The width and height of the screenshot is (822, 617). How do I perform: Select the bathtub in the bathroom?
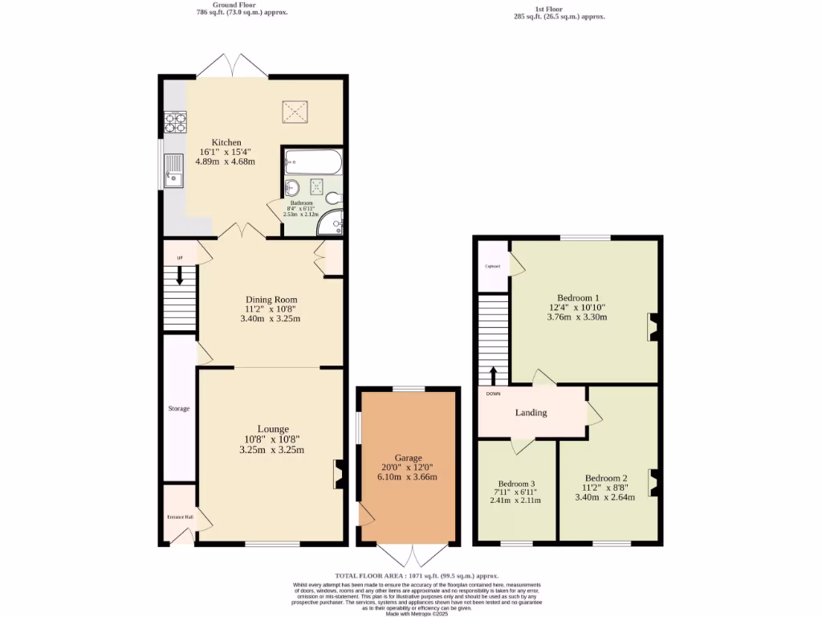tap(314, 162)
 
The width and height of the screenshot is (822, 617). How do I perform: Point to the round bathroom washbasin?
tap(292, 187)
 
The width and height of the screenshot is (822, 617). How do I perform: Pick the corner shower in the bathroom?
tap(331, 225)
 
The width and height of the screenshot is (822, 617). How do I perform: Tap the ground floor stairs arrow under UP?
tap(179, 275)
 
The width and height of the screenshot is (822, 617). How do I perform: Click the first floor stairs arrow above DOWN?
tap(493, 374)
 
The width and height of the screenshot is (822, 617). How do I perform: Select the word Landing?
tap(531, 413)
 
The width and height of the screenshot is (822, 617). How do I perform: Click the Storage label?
tap(179, 409)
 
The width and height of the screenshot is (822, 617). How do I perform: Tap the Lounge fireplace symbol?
tap(338, 474)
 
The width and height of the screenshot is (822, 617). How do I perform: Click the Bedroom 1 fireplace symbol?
tap(653, 327)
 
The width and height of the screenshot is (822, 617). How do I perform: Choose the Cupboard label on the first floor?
tap(492, 266)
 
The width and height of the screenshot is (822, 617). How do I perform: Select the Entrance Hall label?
tap(180, 517)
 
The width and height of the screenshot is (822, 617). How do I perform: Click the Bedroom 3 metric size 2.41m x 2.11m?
tap(515, 501)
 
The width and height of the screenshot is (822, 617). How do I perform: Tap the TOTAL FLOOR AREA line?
tap(417, 576)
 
